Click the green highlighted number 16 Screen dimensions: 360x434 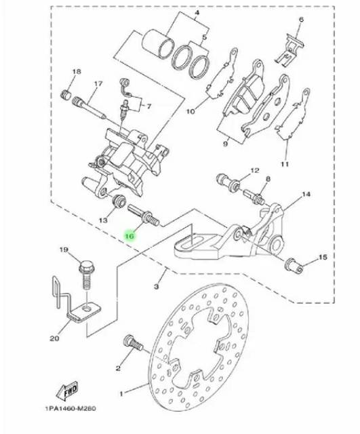click(x=129, y=236)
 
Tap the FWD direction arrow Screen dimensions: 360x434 click(x=68, y=391)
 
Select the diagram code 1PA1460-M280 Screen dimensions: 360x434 click(x=71, y=408)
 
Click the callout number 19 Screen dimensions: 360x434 click(x=64, y=250)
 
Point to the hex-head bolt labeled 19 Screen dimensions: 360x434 click(x=87, y=275)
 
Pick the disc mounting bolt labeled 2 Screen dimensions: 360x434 click(x=133, y=343)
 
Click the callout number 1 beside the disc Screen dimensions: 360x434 click(x=121, y=393)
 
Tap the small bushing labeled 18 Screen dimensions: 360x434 click(x=66, y=95)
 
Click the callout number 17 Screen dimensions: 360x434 click(x=98, y=83)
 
